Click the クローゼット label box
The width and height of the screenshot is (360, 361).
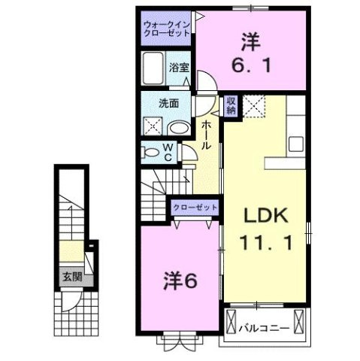pos(195,208)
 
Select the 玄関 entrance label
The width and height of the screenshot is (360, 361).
pos(73,276)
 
